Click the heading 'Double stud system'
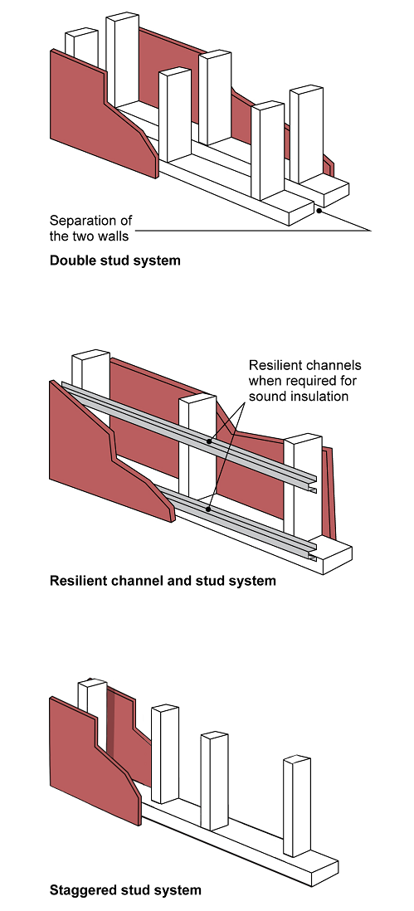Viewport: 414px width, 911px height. (x=115, y=261)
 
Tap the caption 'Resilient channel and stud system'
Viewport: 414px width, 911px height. (x=163, y=581)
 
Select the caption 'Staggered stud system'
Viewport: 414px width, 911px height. (x=125, y=889)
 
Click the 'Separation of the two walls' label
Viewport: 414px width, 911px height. (x=90, y=228)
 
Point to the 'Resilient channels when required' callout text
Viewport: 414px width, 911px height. (x=304, y=381)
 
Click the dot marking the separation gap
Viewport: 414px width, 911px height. (x=319, y=210)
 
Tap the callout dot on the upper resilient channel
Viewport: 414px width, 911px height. (x=209, y=441)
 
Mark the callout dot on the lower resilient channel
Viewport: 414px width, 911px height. (x=208, y=509)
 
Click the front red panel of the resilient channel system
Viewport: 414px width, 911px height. (x=107, y=453)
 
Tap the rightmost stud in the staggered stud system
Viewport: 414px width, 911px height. (x=297, y=806)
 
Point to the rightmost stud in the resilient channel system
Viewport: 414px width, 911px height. (x=303, y=485)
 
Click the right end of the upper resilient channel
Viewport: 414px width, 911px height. (x=314, y=484)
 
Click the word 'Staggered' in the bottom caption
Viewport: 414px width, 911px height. (x=77, y=890)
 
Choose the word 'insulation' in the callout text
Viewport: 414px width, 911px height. (x=320, y=397)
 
